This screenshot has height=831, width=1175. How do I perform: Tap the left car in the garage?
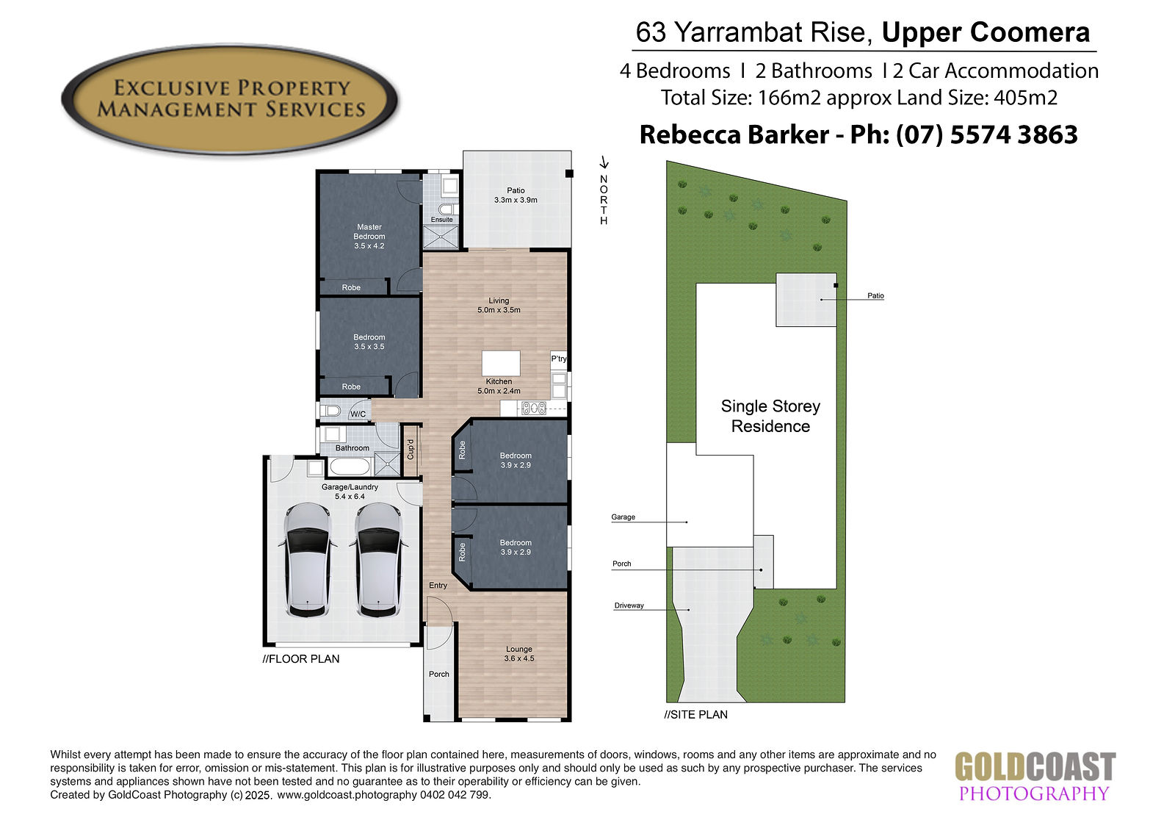point(308,560)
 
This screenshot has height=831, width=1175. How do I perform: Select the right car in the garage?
point(379,560)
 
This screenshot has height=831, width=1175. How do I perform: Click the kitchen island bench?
point(501,363)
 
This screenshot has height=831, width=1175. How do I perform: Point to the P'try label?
point(559,359)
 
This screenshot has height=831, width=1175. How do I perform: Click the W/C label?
point(358,414)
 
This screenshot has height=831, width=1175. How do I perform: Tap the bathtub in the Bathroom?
point(349,466)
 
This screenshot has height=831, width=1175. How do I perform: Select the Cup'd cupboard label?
point(411,450)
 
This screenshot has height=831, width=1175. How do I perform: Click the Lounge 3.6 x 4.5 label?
point(518,654)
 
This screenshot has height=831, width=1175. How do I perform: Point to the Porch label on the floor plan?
point(439,674)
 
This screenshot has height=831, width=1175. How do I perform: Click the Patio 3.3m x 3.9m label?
point(516,195)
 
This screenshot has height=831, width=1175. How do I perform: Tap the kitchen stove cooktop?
point(534,408)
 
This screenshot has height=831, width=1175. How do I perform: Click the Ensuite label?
point(441,220)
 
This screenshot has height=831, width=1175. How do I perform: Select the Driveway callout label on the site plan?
point(629,605)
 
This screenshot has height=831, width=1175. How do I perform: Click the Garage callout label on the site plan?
point(623,517)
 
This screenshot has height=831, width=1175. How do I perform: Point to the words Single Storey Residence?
point(770,416)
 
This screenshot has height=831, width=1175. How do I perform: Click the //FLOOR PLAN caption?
point(301,659)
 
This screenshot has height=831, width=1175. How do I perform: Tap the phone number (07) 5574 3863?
point(987,134)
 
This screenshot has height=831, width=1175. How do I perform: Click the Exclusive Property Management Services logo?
point(230,99)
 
